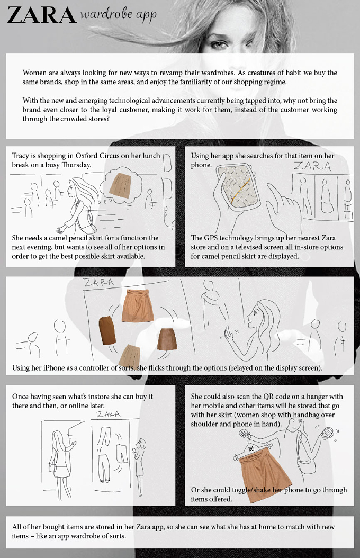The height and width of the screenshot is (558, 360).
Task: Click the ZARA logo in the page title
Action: tap(42, 16)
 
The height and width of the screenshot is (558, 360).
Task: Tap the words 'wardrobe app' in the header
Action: tap(119, 15)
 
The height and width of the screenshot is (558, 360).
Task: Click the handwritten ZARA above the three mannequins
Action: tap(312, 166)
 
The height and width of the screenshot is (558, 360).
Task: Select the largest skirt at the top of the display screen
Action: tap(137, 305)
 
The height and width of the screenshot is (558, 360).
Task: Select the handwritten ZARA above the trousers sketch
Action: tap(109, 414)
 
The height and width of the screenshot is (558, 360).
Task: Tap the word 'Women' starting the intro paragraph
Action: tap(34, 73)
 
